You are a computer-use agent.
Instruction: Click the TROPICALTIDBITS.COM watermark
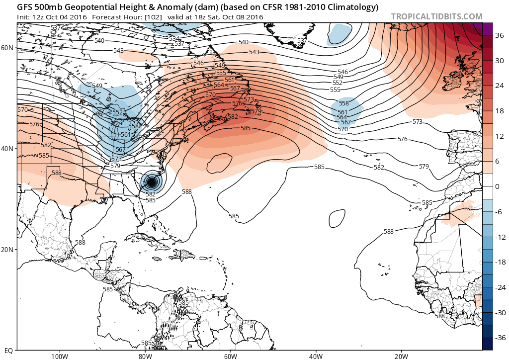coord(436,16)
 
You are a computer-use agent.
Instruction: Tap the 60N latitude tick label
coord(7,48)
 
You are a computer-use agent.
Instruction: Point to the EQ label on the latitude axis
coord(7,350)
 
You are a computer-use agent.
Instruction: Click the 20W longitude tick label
coord(401,356)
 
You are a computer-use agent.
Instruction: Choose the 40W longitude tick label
coord(316,356)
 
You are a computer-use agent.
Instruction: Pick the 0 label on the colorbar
coord(497,186)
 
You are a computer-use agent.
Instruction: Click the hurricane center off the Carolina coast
coord(152,182)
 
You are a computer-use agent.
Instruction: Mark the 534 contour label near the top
coord(174,38)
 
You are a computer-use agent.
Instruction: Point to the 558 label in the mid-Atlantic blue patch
coord(343,103)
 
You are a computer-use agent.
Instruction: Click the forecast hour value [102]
coord(150,17)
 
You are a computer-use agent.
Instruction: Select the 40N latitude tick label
coord(7,149)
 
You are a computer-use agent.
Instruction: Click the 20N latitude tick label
coord(7,249)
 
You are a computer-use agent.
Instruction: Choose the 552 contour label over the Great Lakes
coord(117,112)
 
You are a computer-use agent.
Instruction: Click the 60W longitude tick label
coord(230,356)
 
